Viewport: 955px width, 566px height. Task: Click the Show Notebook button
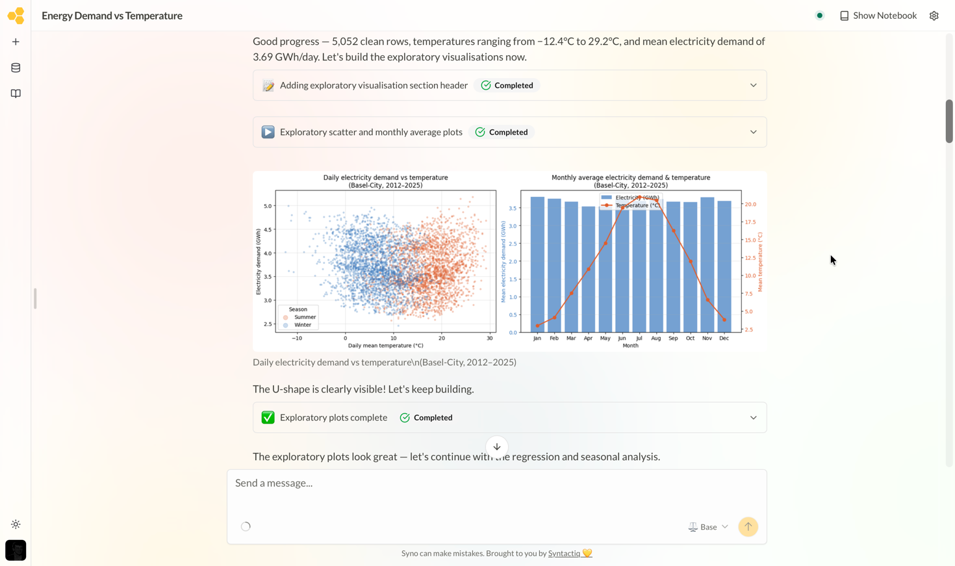coord(878,16)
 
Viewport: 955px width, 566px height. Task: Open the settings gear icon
coord(934,16)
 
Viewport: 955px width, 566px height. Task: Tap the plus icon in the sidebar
coord(16,42)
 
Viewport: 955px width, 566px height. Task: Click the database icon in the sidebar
coord(16,68)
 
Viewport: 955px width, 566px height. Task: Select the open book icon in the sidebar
coord(16,94)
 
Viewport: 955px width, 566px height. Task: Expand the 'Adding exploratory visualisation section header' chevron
coord(754,85)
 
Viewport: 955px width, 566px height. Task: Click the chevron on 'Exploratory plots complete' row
coord(754,418)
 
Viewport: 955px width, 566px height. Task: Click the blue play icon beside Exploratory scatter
coord(268,132)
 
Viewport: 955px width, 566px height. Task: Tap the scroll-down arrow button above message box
coord(497,447)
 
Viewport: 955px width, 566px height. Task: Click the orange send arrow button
coord(748,527)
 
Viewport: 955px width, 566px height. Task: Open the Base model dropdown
coord(708,527)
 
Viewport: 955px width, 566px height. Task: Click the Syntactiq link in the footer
coord(564,553)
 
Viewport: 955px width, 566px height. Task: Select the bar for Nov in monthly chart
coord(707,265)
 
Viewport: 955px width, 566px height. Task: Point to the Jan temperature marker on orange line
coord(537,326)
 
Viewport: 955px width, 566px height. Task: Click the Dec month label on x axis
coord(724,338)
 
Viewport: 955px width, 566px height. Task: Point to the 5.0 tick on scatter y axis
coord(267,206)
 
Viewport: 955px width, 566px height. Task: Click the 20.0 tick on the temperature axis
coord(750,204)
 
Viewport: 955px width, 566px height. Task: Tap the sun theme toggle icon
coord(16,524)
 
